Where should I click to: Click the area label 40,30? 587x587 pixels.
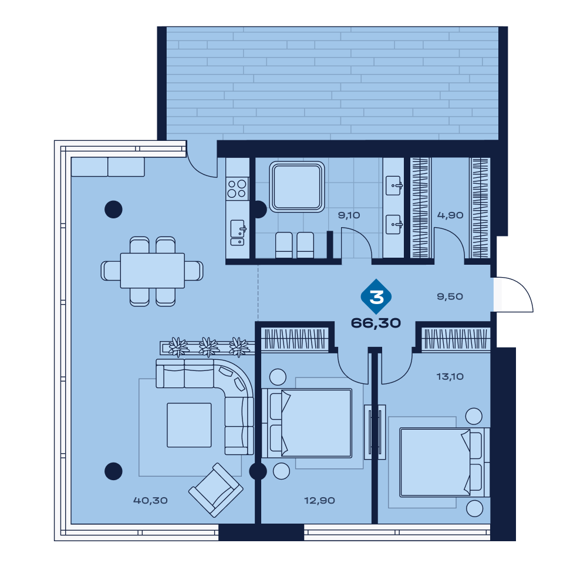150,500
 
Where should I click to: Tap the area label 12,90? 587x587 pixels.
319,500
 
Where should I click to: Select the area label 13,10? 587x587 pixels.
450,376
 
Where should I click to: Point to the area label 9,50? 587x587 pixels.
450,296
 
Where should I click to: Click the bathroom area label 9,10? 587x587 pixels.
349,215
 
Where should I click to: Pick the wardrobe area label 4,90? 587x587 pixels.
450,215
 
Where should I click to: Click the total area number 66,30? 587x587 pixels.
376,323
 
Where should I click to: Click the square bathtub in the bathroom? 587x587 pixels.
297,187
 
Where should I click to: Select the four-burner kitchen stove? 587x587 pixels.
237,188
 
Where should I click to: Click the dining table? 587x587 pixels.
153,271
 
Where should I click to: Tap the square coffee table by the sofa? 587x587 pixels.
189,425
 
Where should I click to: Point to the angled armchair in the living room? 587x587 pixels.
215,490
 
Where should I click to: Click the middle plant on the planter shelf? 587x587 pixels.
208,347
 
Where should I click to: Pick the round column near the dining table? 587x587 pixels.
113,210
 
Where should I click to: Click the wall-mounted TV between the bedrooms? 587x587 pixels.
375,432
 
